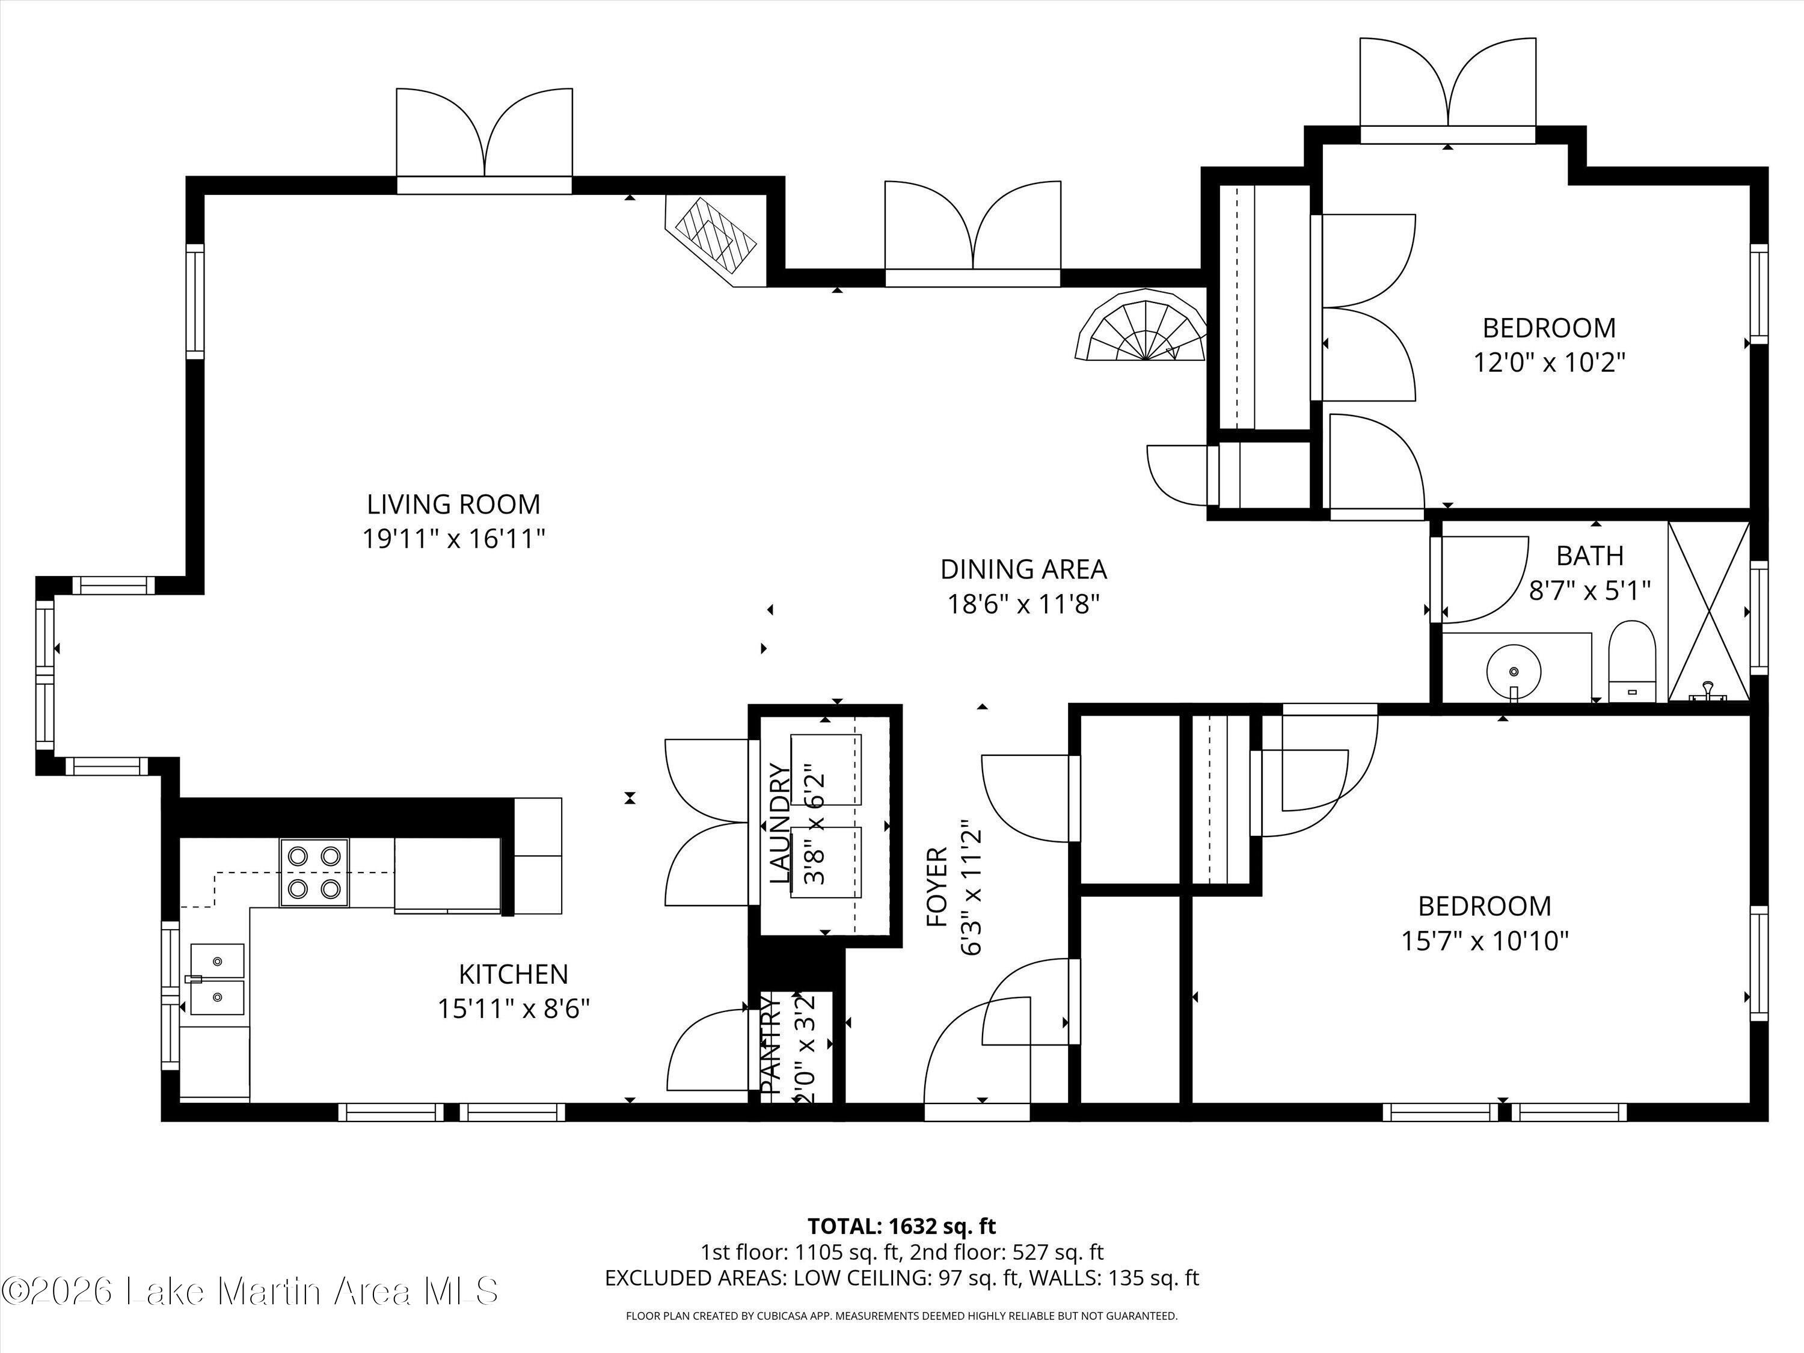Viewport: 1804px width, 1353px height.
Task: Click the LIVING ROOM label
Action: (x=453, y=505)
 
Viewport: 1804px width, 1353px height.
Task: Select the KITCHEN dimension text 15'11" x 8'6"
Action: (x=514, y=1010)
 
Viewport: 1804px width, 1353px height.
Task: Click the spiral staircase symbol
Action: (x=1142, y=325)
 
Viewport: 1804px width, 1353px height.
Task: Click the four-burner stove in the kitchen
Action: (x=314, y=873)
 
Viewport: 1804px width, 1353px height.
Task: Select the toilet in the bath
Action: (x=1632, y=661)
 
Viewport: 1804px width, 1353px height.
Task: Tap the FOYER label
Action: (x=938, y=888)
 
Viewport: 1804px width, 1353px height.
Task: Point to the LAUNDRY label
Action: (x=781, y=824)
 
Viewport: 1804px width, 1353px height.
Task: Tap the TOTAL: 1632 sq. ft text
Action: (x=901, y=1248)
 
